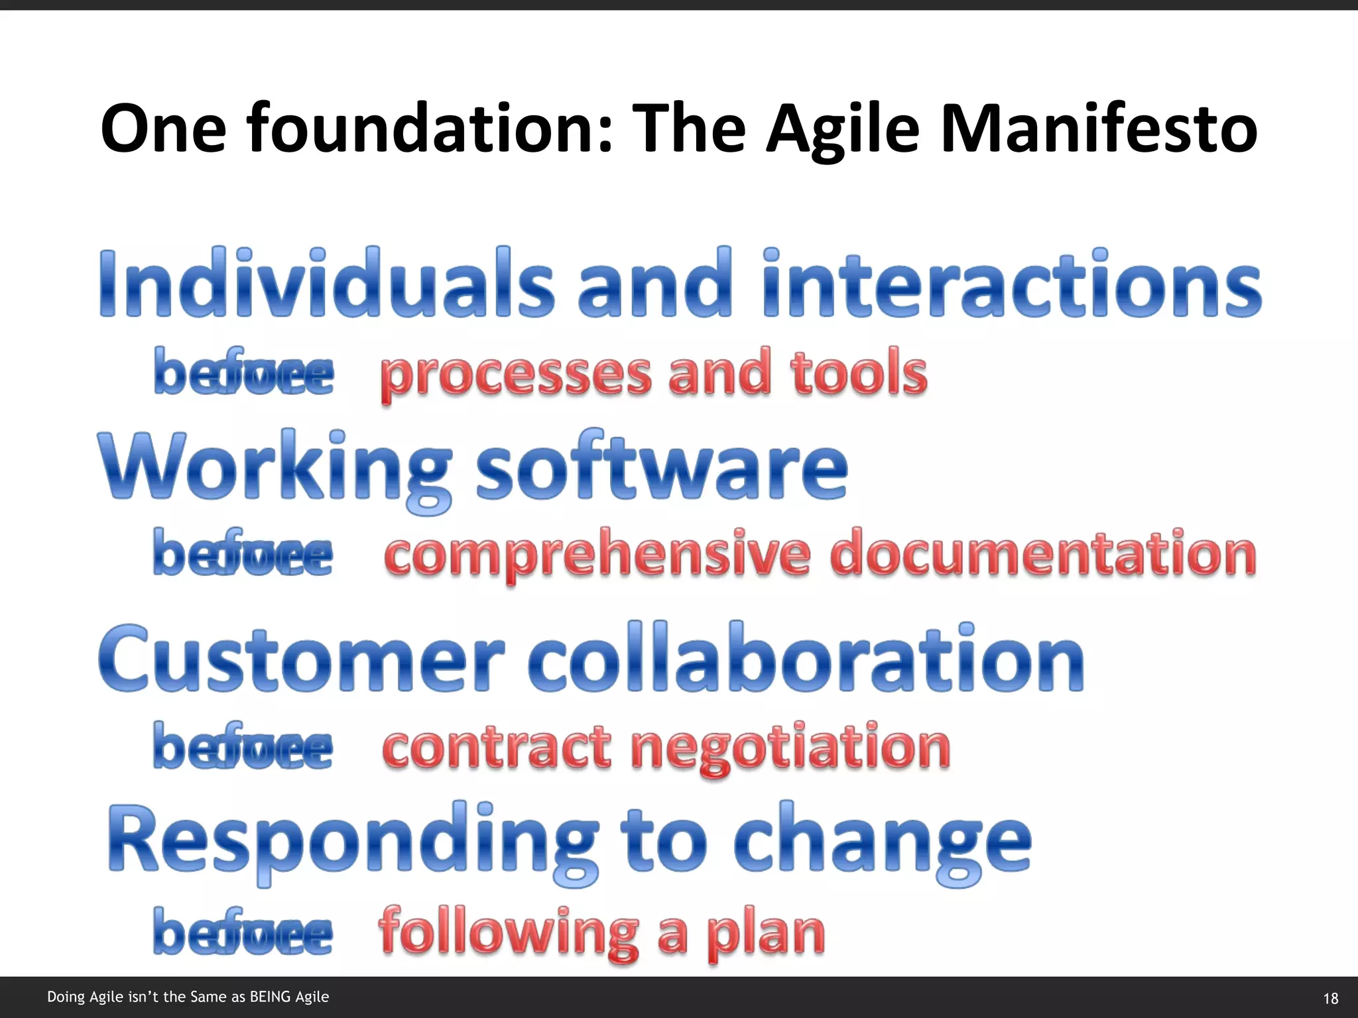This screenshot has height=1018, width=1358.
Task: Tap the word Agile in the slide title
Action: pos(843,129)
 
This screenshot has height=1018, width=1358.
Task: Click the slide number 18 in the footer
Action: pos(1330,998)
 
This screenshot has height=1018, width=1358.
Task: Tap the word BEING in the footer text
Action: pos(270,997)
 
